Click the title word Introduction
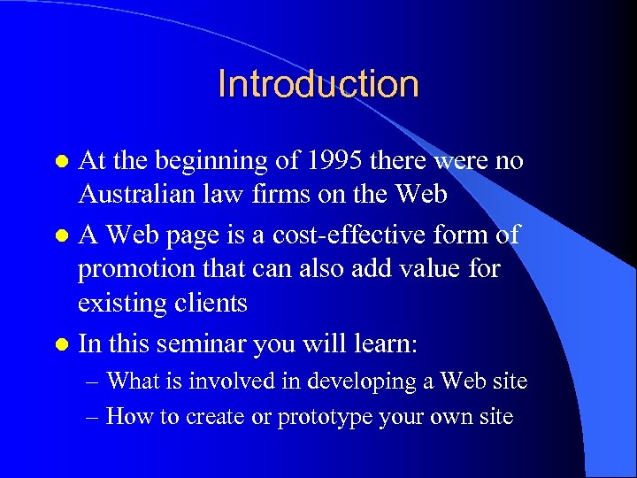click(318, 84)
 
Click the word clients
click(211, 303)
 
